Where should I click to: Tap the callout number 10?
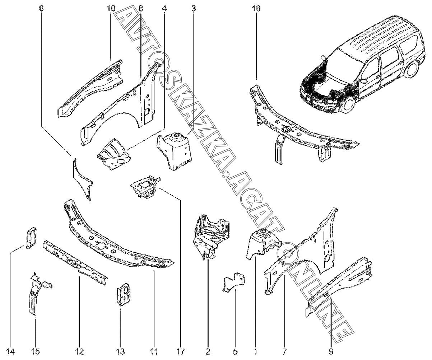111,8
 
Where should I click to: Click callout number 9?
331,351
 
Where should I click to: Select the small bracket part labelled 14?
31,238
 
